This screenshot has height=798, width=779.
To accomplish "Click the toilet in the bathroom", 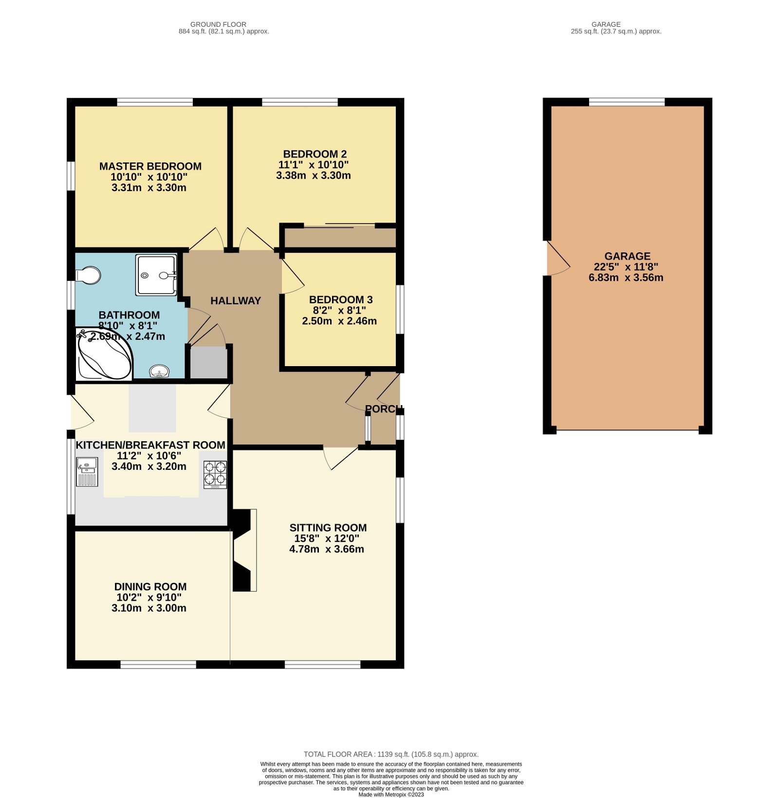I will tap(89, 275).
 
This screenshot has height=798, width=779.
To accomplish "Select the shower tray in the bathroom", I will tap(156, 275).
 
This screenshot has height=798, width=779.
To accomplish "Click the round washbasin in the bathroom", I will tap(159, 371).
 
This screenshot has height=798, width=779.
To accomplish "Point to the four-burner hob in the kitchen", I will tap(215, 474).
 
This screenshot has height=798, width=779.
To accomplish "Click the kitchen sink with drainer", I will tap(87, 472).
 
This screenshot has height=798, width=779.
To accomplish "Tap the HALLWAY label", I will tap(236, 301).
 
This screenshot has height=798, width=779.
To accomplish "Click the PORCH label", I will tap(383, 409).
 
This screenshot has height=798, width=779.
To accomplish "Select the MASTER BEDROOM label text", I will tap(150, 167).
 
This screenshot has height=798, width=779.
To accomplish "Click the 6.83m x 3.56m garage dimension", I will tap(626, 278).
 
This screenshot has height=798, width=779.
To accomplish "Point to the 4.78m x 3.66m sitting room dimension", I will tap(327, 549).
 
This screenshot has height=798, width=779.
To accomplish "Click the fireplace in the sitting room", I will tap(244, 550).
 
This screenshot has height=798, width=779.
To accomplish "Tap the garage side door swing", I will tap(557, 259).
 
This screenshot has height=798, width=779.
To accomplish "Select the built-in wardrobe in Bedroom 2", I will tap(340, 237).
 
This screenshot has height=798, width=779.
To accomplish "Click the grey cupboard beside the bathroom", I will tap(208, 362).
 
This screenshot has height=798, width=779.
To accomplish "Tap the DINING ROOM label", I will tap(150, 587).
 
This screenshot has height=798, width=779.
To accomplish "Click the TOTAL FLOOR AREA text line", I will tap(391, 754).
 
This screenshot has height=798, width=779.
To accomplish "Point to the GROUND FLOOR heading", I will tap(218, 24).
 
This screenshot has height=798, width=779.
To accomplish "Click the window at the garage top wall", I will tap(627, 102).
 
